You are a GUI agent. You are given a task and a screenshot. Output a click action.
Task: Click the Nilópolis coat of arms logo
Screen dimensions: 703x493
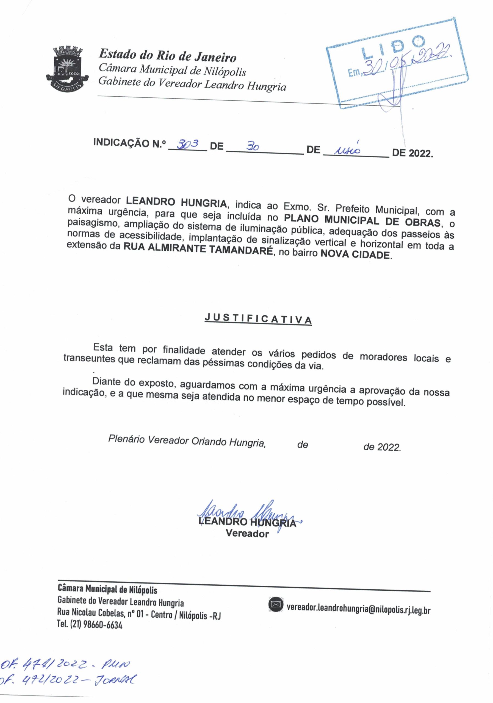(67, 69)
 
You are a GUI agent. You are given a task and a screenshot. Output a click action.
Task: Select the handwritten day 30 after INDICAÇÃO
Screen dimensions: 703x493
(253, 147)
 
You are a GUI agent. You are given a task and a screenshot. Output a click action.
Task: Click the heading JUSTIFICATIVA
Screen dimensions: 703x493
(258, 319)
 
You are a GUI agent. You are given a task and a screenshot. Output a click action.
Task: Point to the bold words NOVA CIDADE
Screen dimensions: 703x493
(355, 254)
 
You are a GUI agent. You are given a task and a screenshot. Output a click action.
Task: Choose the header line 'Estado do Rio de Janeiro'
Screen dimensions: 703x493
(167, 55)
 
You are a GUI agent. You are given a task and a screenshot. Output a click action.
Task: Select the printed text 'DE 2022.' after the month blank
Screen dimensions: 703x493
(412, 153)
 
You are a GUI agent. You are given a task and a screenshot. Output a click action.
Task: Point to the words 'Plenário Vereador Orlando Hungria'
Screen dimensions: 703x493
(187, 440)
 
